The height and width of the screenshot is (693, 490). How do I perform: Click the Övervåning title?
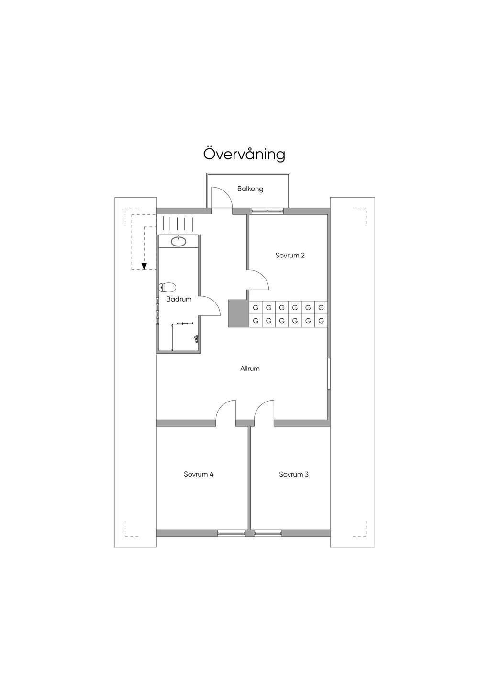[244, 155]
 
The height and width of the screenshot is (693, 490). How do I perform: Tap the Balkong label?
[250, 189]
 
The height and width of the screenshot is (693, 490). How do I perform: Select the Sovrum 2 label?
[290, 256]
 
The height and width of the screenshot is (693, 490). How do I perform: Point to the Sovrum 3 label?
[294, 475]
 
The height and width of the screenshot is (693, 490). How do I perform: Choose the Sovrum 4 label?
[199, 475]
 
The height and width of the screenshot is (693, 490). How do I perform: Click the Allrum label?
[250, 369]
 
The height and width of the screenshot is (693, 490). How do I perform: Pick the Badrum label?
[179, 300]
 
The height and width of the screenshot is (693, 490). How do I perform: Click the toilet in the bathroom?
[167, 288]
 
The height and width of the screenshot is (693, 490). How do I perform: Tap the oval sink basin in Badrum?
[179, 241]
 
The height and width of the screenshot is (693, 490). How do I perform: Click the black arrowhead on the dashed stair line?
[144, 267]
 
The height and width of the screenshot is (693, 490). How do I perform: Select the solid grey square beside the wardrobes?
[238, 314]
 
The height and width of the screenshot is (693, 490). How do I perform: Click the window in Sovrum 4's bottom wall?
[231, 533]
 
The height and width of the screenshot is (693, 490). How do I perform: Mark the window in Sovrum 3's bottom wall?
[268, 533]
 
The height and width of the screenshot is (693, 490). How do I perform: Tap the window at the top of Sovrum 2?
[267, 211]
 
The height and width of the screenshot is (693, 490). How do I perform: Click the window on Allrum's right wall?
[329, 373]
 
